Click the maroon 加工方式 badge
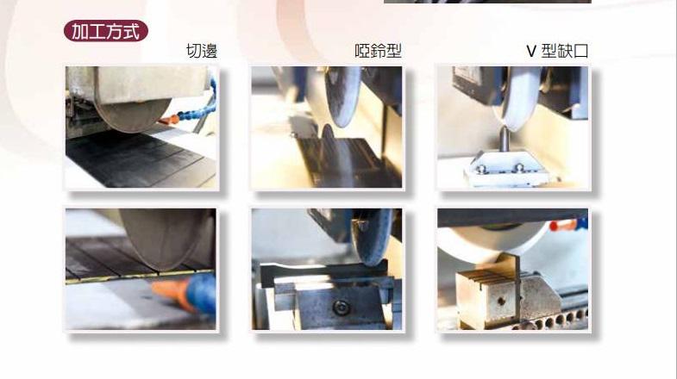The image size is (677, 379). (x=106, y=31)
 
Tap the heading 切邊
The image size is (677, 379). (x=201, y=51)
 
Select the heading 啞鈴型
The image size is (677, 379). (x=378, y=51)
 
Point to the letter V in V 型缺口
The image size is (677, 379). (x=531, y=52)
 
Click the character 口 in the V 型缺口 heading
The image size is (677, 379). (x=580, y=51)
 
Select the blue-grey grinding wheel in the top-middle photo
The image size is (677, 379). (x=342, y=96)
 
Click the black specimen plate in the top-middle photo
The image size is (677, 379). (x=342, y=162)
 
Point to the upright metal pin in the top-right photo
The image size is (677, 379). (x=503, y=138)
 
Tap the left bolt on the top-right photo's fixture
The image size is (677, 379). (x=480, y=168)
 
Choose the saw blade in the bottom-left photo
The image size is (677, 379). (x=162, y=237)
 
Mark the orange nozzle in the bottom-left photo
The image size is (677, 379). (x=172, y=293)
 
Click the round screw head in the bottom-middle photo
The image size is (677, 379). (x=342, y=308)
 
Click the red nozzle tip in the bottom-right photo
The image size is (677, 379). (x=562, y=226)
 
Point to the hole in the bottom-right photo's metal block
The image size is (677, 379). (x=501, y=301)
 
